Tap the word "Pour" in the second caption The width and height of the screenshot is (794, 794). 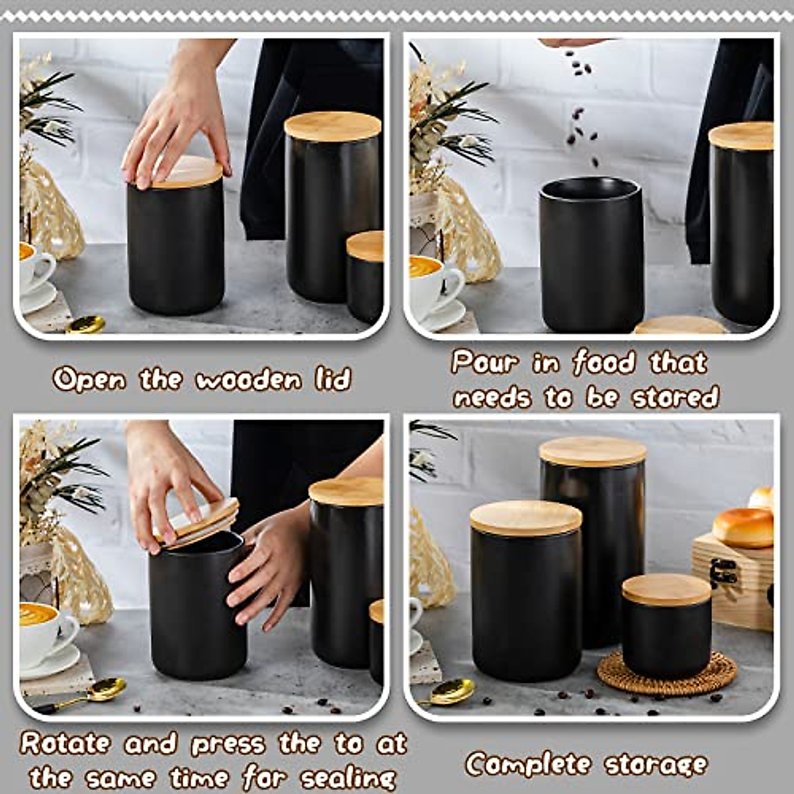click(485, 363)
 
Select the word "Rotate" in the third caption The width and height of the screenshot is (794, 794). click(65, 743)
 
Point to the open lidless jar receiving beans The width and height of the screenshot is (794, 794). click(591, 255)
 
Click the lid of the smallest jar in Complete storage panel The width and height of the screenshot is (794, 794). click(666, 588)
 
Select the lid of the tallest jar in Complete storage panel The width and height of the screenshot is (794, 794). click(592, 451)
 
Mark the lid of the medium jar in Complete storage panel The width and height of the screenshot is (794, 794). click(526, 517)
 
